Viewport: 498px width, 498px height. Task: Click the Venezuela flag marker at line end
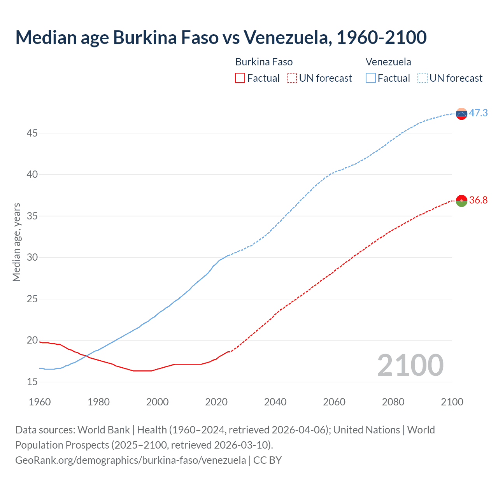(x=461, y=114)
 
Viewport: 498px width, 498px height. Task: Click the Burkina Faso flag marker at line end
(x=461, y=201)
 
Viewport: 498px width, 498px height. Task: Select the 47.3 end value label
(x=478, y=113)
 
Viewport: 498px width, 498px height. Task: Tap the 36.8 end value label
(x=478, y=200)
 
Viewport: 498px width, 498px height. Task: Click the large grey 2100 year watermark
(x=410, y=365)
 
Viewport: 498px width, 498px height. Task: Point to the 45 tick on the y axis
(x=32, y=133)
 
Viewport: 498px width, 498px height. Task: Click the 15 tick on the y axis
(x=32, y=382)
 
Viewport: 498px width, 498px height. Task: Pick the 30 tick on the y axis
(x=32, y=258)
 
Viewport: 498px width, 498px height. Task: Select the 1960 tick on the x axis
(x=40, y=402)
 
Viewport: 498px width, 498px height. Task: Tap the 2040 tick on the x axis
(x=275, y=402)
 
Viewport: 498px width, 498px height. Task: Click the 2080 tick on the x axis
(x=393, y=402)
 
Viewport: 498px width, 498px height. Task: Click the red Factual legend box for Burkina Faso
(x=240, y=78)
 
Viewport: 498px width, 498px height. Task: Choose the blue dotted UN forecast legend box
(x=423, y=78)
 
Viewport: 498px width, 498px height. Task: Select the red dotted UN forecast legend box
(x=292, y=78)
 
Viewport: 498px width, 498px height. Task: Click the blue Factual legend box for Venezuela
(x=371, y=78)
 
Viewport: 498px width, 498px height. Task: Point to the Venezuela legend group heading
(x=388, y=62)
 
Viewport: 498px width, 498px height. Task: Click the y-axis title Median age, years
(x=16, y=242)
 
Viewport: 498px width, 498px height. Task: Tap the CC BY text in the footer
(x=267, y=460)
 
